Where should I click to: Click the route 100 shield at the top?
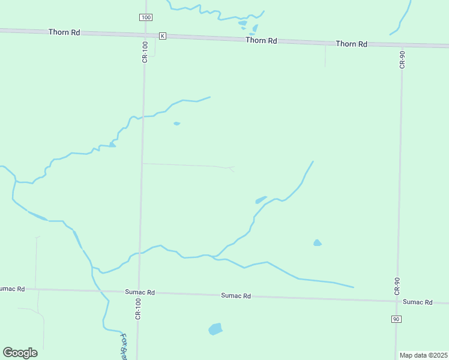click(x=146, y=17)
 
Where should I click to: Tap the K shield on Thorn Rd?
click(x=162, y=36)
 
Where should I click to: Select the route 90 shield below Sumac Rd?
click(x=396, y=319)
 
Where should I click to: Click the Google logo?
click(x=20, y=353)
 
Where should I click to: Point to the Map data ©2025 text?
click(x=423, y=355)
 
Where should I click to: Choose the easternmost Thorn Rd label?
click(x=351, y=44)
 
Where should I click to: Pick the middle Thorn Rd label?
click(x=261, y=41)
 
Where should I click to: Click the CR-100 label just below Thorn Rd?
click(x=145, y=52)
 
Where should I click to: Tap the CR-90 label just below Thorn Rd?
click(x=402, y=59)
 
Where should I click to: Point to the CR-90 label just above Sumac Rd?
click(x=397, y=284)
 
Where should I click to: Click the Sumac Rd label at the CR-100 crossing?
click(x=140, y=292)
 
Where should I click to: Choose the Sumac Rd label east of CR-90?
click(x=417, y=302)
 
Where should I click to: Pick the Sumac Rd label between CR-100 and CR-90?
click(x=236, y=296)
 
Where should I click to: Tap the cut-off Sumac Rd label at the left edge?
click(x=12, y=289)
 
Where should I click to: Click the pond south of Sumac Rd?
click(x=215, y=329)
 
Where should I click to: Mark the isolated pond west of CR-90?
click(x=317, y=243)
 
